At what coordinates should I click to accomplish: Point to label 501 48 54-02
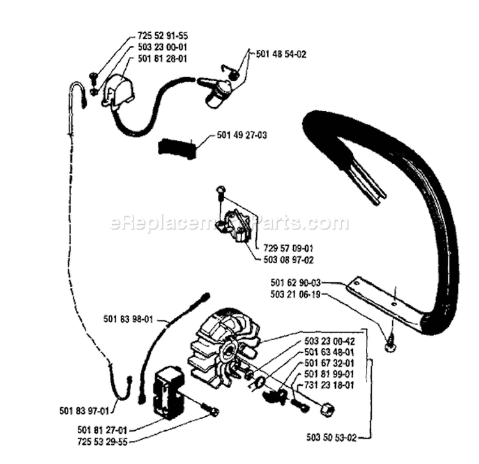pos(280,55)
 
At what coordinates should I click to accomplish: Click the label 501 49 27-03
pos(242,135)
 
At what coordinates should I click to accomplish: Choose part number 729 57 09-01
pos(288,248)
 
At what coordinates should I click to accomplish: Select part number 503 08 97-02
pos(288,259)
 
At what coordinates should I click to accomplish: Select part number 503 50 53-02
pos(331,438)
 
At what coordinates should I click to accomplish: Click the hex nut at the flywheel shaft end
pos(326,408)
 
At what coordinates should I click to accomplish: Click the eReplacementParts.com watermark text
pos(230,223)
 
